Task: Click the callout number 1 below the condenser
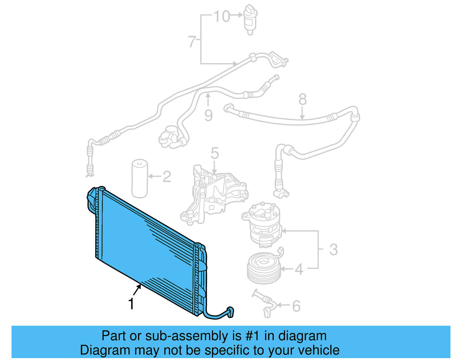(131, 304)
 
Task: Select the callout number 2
(167, 177)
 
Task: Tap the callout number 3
(334, 249)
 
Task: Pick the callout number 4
(299, 269)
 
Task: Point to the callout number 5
(215, 153)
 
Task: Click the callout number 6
(296, 306)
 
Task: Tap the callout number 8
(302, 99)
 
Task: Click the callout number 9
(208, 116)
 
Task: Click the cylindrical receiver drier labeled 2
(140, 179)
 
